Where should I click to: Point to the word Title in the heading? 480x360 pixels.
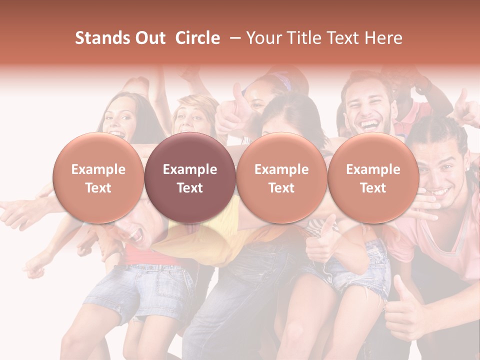306,38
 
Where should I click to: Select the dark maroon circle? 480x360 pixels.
190,178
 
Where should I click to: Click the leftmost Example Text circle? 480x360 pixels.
98,178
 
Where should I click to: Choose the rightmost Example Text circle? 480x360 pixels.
373,178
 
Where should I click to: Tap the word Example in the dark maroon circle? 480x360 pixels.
190,169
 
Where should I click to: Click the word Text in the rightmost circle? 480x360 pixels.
373,188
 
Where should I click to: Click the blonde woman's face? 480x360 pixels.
190,117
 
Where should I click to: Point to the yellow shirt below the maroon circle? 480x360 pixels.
200,235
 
